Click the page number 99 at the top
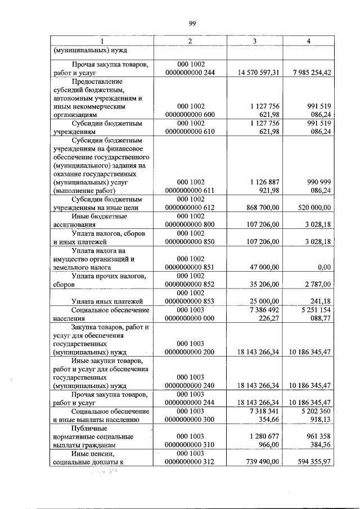[x=191, y=22]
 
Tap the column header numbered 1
[x=102, y=41]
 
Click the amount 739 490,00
[x=264, y=461]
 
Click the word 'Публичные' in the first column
[x=89, y=429]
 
